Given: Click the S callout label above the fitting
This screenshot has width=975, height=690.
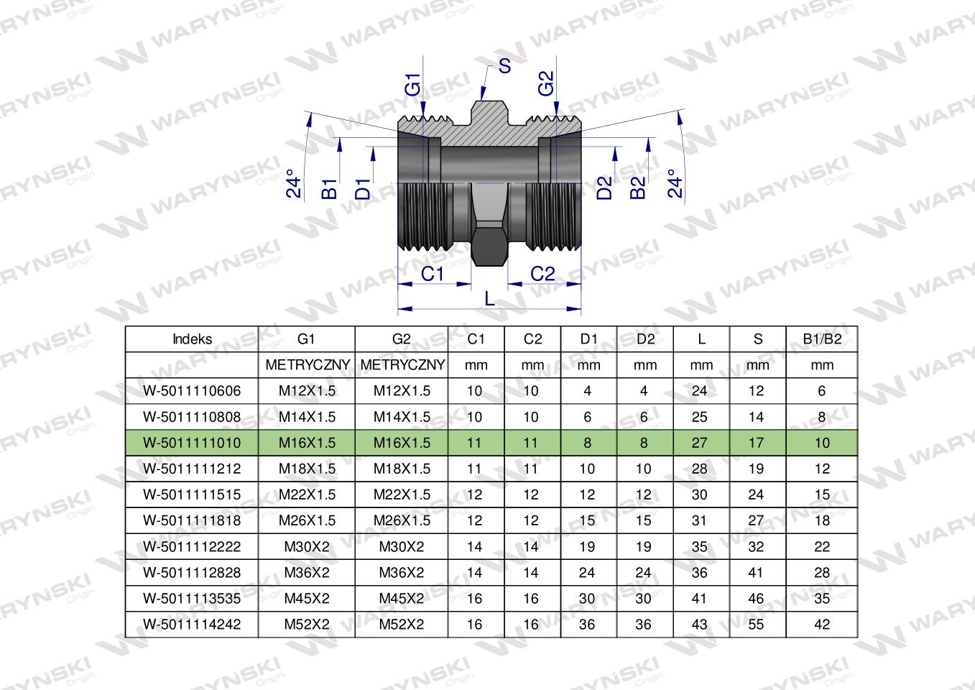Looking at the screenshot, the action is tap(504, 66).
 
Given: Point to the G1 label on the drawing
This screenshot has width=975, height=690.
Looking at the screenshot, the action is tap(412, 85).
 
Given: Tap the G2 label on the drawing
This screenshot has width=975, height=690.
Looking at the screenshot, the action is tap(546, 83).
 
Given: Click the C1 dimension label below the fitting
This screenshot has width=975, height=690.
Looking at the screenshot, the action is tap(433, 274).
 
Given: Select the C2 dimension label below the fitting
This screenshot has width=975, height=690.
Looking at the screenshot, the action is tap(542, 274).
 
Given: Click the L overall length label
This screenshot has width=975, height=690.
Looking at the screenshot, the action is tap(490, 299).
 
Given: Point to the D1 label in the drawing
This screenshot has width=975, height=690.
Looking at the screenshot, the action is tap(363, 188).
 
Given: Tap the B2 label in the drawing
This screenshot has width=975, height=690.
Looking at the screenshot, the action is tap(638, 188).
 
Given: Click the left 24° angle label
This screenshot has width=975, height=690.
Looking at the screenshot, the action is tap(294, 184).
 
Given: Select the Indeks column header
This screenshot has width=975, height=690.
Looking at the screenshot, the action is tap(192, 339).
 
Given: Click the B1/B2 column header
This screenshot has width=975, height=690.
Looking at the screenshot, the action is tap(822, 339).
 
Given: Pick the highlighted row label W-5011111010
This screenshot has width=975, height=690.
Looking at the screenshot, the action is tap(192, 443).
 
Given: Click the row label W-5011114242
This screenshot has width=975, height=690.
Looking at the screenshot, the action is tap(192, 625).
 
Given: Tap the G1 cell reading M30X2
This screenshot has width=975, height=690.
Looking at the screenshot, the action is tap(307, 546).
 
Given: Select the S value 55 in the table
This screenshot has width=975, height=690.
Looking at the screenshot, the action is tap(756, 625).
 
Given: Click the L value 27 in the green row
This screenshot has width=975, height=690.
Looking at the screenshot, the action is tap(700, 443).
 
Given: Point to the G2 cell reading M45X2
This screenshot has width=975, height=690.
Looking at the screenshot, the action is tap(402, 598).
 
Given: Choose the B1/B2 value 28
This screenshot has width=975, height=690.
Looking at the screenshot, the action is tap(822, 572).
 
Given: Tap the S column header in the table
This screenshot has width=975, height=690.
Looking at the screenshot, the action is tap(758, 339).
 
